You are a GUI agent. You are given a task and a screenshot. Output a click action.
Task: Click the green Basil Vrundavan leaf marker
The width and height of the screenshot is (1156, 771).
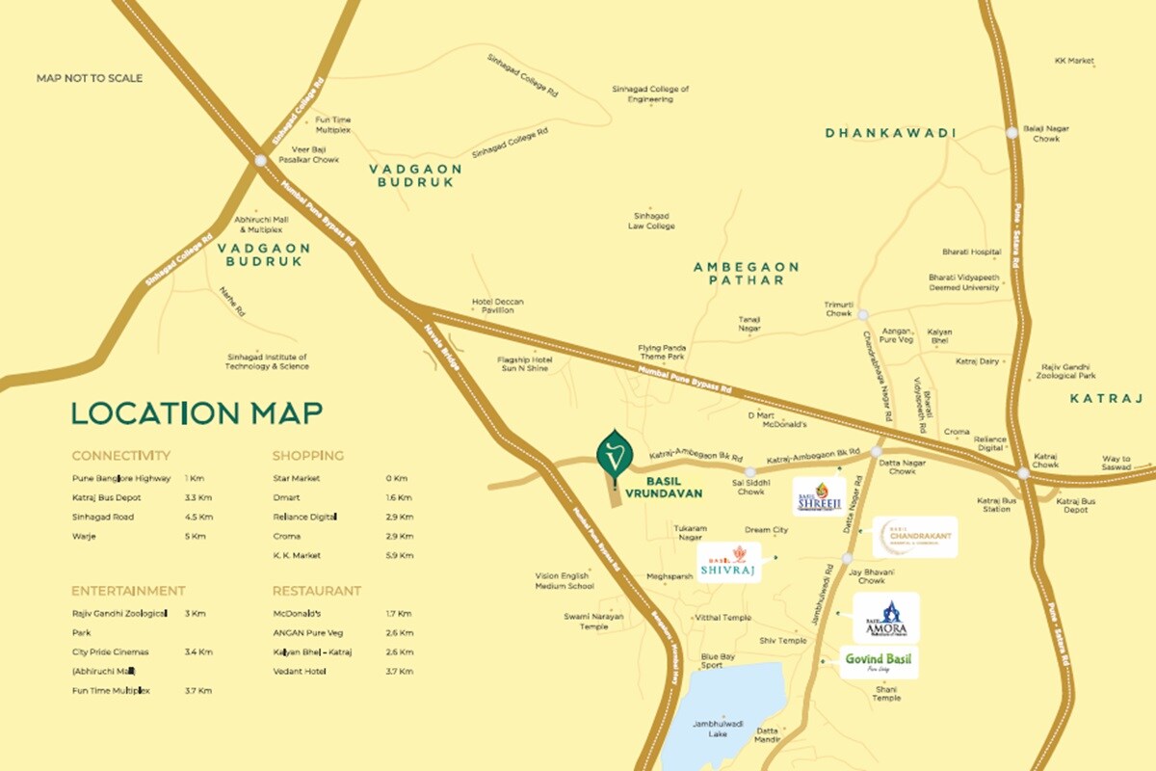[612, 453]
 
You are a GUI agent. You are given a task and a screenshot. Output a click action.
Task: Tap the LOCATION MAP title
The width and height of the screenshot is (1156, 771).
[197, 413]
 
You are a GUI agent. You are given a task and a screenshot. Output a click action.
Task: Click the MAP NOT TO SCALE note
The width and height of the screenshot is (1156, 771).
[89, 78]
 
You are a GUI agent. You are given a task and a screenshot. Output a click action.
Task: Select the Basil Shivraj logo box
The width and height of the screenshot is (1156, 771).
[728, 562]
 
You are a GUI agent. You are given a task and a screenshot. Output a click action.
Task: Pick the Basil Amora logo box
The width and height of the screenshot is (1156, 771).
[885, 618]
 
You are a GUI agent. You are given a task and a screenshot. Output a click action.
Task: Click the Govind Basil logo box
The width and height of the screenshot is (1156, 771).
[879, 662]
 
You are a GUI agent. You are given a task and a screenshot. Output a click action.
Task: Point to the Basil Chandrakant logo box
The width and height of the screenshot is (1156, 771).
[914, 537]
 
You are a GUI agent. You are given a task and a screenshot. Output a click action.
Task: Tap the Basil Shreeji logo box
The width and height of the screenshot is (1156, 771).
[820, 496]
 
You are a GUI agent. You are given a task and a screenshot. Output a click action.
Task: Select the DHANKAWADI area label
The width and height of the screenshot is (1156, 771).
[890, 133]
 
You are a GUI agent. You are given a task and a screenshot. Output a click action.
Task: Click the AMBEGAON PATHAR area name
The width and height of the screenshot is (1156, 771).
[747, 273]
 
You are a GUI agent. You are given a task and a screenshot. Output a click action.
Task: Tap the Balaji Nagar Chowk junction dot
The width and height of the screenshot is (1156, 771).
[1011, 133]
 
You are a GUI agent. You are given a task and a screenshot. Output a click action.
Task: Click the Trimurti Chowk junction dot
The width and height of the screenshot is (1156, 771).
[863, 314]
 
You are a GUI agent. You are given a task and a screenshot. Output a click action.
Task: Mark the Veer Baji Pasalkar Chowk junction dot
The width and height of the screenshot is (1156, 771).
[260, 161]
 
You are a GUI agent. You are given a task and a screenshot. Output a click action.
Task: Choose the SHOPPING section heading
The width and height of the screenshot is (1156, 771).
[307, 456]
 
